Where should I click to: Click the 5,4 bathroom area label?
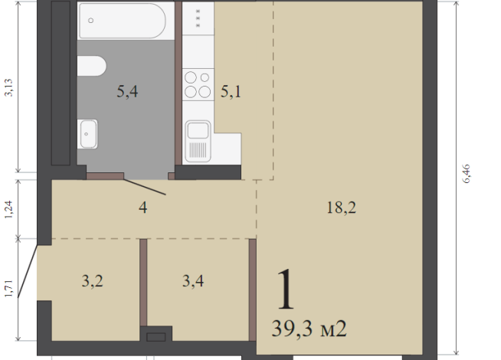click(x=127, y=92)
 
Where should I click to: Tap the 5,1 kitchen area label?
click(x=231, y=92)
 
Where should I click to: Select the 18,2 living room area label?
click(x=341, y=208)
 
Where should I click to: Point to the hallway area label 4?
click(x=142, y=208)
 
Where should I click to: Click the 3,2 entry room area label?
click(x=93, y=281)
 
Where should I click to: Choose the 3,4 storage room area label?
click(x=193, y=281)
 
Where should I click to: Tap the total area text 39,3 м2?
click(x=309, y=329)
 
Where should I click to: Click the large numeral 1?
click(x=285, y=290)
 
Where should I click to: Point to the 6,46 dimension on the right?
click(x=467, y=174)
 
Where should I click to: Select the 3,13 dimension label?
click(x=8, y=87)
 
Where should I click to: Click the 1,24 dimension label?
click(x=8, y=210)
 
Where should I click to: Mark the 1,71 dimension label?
click(x=8, y=289)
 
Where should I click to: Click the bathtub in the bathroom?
click(x=123, y=21)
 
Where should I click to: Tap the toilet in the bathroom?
click(x=92, y=66)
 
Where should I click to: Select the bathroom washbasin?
click(x=87, y=134)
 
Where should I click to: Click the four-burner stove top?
click(x=198, y=85)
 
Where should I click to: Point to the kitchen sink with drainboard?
click(x=198, y=141)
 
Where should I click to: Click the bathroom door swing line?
click(x=145, y=187)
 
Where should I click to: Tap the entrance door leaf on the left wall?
click(x=28, y=271)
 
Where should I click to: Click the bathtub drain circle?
click(x=90, y=21)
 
